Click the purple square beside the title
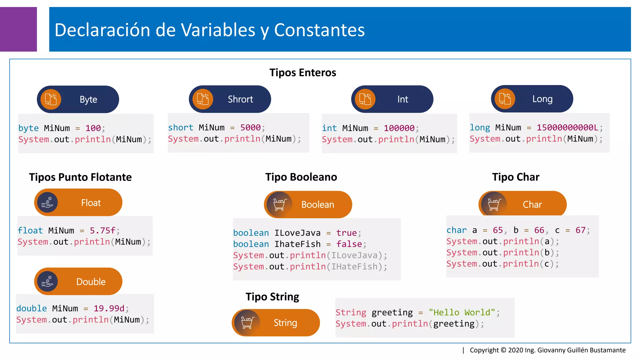(x=18, y=29)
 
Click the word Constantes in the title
(x=319, y=30)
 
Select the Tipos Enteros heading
(x=302, y=72)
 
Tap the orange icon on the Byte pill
(x=51, y=99)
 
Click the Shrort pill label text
(x=240, y=99)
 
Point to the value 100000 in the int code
(x=399, y=128)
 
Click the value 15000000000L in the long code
(x=567, y=127)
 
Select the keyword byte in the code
(x=28, y=128)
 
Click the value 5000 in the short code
(x=250, y=127)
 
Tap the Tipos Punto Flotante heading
(x=80, y=177)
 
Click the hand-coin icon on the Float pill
(x=47, y=202)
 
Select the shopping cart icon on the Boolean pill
(x=279, y=204)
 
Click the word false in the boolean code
(x=349, y=244)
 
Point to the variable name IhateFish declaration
(x=297, y=244)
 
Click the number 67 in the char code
(x=580, y=230)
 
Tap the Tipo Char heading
(x=516, y=177)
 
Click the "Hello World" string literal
(x=462, y=312)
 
